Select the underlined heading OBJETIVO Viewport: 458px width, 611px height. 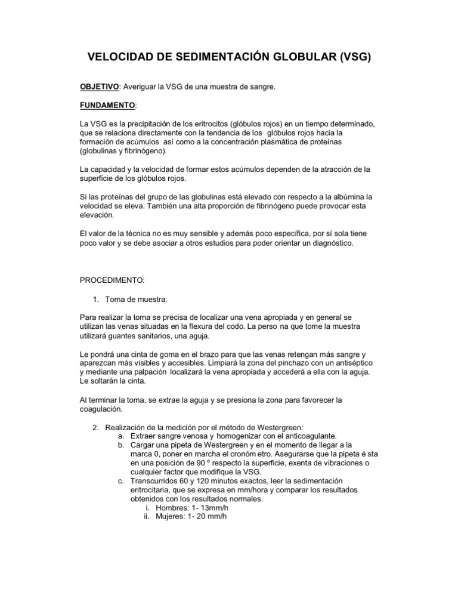point(100,87)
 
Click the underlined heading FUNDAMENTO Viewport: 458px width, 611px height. point(108,106)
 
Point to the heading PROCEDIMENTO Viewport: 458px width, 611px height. point(112,280)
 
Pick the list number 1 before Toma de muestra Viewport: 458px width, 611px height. point(97,298)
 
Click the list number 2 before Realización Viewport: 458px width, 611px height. point(96,427)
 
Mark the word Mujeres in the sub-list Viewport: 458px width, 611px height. point(171,517)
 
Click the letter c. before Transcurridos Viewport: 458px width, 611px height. point(120,481)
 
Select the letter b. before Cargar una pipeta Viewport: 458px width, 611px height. point(121,445)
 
